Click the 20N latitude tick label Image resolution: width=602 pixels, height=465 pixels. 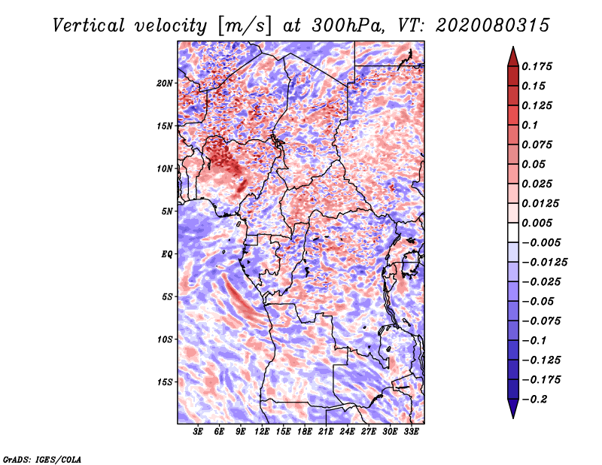tap(164, 84)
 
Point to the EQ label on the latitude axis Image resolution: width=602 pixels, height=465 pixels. tap(166, 254)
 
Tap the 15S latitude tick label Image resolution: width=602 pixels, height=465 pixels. tap(164, 382)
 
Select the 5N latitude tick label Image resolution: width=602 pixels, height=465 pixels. tap(166, 211)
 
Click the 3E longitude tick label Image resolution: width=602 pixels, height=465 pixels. tap(198, 432)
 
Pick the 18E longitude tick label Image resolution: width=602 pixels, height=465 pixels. tap(305, 432)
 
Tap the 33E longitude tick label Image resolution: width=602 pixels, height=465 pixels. tap(411, 432)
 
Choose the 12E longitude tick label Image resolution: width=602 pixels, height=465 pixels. tap(262, 432)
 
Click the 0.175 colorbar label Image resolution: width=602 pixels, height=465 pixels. tap(537, 66)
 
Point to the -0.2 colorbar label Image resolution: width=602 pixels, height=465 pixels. tap(534, 400)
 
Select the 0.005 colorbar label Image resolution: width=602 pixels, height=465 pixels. tap(537, 223)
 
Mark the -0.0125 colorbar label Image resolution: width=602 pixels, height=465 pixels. tap(544, 263)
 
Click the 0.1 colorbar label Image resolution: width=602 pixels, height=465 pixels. tap(530, 125)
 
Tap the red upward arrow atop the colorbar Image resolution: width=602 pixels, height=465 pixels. tap(513, 56)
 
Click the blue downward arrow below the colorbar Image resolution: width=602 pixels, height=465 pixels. tap(513, 409)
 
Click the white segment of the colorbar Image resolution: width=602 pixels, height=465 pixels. tap(513, 232)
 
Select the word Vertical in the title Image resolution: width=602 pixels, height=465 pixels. tap(89, 26)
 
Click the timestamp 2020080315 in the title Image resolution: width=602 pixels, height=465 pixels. tap(492, 26)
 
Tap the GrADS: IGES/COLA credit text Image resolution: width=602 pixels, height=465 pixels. tap(42, 459)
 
